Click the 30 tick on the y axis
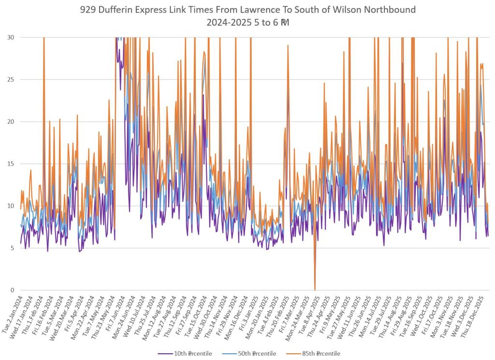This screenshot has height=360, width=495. pyautogui.click(x=10, y=37)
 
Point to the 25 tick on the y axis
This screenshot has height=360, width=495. pyautogui.click(x=10, y=79)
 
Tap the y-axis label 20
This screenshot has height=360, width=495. pyautogui.click(x=10, y=121)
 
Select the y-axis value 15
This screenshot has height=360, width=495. pyautogui.click(x=10, y=164)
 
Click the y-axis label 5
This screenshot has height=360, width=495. pyautogui.click(x=11, y=248)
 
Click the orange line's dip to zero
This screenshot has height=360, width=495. pyautogui.click(x=315, y=289)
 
